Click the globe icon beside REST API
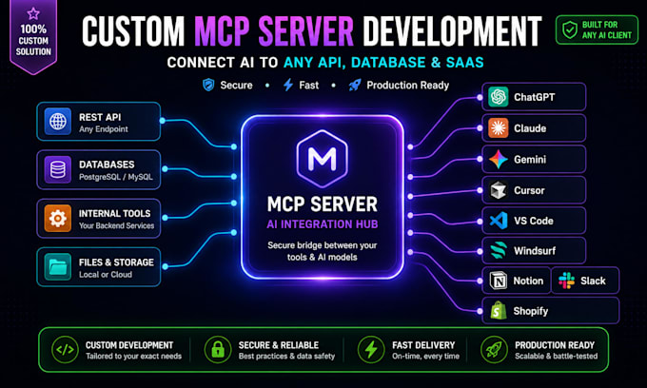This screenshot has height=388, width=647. pos(58,122)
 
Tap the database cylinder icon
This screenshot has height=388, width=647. pos(58,169)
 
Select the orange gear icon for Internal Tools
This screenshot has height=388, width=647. pos(58,218)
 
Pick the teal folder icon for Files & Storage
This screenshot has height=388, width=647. pos(58,267)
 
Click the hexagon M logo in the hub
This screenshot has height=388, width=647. pos(323,159)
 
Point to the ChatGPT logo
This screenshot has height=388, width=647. pos(498,97)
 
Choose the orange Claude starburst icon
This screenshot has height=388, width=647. pos(498,127)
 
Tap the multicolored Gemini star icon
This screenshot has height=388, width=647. pos(498,159)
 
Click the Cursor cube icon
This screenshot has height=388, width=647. pos(498,190)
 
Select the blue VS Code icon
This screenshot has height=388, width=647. pos(499,221)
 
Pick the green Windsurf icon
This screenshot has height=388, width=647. pos(499,251)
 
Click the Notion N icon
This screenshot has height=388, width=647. pos(498,281)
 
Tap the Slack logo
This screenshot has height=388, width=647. pos(566,281)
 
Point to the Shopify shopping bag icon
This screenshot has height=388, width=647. pos(499,310)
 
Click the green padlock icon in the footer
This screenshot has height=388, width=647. pos(218,350)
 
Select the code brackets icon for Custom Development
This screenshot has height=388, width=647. pos(66,350)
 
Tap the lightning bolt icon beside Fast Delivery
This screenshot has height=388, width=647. pos(371,350)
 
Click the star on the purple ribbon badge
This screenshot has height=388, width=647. pos(33,13)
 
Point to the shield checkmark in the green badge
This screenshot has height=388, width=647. pos(570,29)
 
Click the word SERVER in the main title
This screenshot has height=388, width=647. pos(306,30)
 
